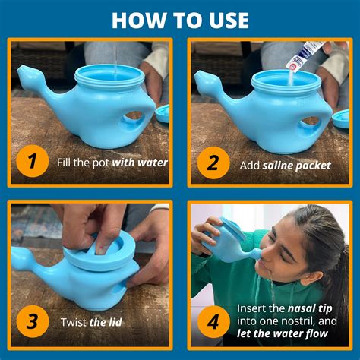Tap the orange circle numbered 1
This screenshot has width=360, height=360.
[31, 162]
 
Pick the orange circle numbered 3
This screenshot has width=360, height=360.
[31, 321]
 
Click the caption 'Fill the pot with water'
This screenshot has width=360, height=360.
[112, 162]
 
